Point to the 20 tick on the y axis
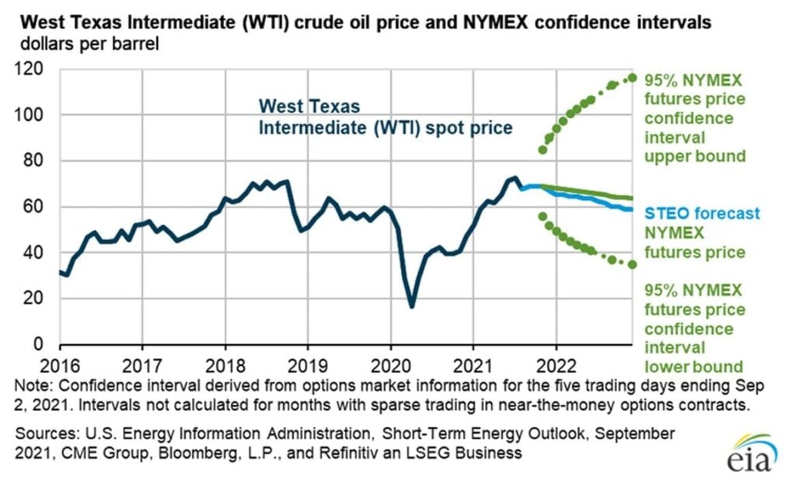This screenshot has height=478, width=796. coord(34,298)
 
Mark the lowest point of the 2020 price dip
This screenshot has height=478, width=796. coord(411,307)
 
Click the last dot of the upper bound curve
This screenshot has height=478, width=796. coord(633,77)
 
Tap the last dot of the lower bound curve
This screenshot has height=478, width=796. coord(633,264)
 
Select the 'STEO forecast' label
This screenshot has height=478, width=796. coord(703,214)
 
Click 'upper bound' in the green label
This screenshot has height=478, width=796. coord(695,156)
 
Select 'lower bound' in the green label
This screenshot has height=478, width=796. coord(693,366)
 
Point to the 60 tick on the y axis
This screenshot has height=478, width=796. coord(34,207)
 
